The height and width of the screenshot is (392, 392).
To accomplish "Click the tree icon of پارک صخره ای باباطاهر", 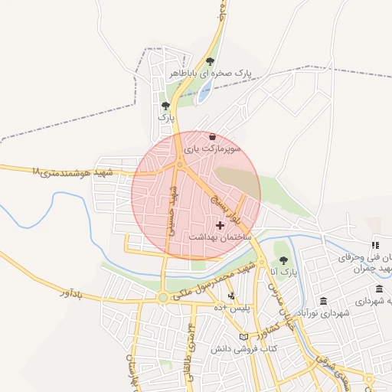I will (x=210, y=62).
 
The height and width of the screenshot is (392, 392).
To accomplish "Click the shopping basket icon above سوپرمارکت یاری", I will (x=212, y=137).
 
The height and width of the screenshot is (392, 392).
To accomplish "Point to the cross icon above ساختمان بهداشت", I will (x=221, y=225).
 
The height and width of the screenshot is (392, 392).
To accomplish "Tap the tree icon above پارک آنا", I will (x=283, y=260).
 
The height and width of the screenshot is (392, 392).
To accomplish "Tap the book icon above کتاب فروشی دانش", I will (x=243, y=336).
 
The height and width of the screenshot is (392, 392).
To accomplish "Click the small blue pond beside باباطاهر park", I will (x=204, y=93).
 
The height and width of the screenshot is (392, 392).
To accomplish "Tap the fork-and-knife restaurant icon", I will (x=375, y=245).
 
